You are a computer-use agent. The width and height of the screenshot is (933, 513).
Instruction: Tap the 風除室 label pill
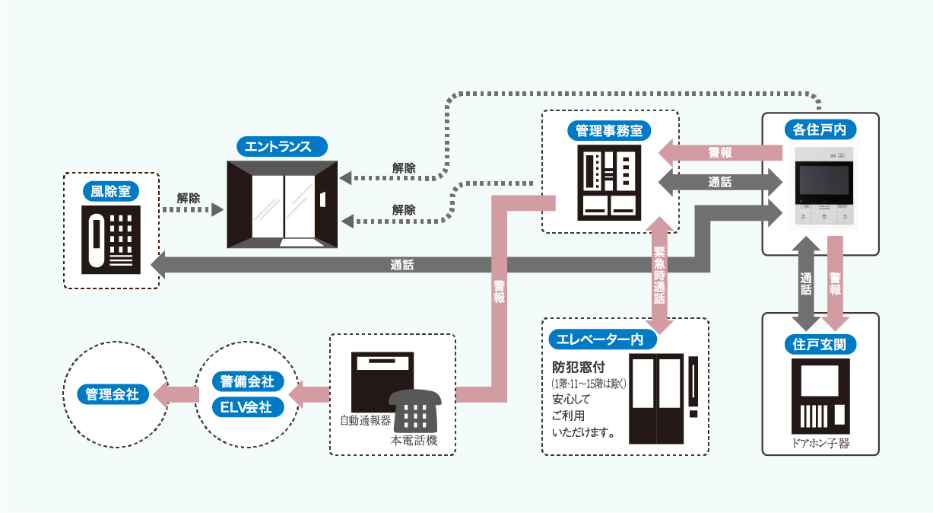pos(111,191)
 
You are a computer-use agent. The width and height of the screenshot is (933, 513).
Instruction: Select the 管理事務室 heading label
pos(609,130)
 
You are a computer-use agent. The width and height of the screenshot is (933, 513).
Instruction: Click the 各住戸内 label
pos(820,130)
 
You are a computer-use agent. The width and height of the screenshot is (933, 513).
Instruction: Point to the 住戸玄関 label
pos(820,345)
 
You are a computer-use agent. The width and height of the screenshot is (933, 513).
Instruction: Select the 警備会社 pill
pos(247,381)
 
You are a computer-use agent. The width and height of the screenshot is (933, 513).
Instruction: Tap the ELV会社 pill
pos(247,406)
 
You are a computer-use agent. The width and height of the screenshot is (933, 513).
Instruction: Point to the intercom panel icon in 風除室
pos(111,240)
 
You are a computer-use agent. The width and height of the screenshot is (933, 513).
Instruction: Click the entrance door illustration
pos(282,205)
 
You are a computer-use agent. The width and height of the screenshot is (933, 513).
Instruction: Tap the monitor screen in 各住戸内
pos(824,180)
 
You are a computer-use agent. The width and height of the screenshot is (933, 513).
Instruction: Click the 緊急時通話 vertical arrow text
pos(659,275)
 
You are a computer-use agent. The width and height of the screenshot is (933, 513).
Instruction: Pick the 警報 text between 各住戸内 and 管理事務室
pos(720,153)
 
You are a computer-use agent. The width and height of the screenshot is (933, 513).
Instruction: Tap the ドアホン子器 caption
pos(820,443)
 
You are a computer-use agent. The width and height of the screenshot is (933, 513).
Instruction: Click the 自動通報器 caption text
pos(365,419)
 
